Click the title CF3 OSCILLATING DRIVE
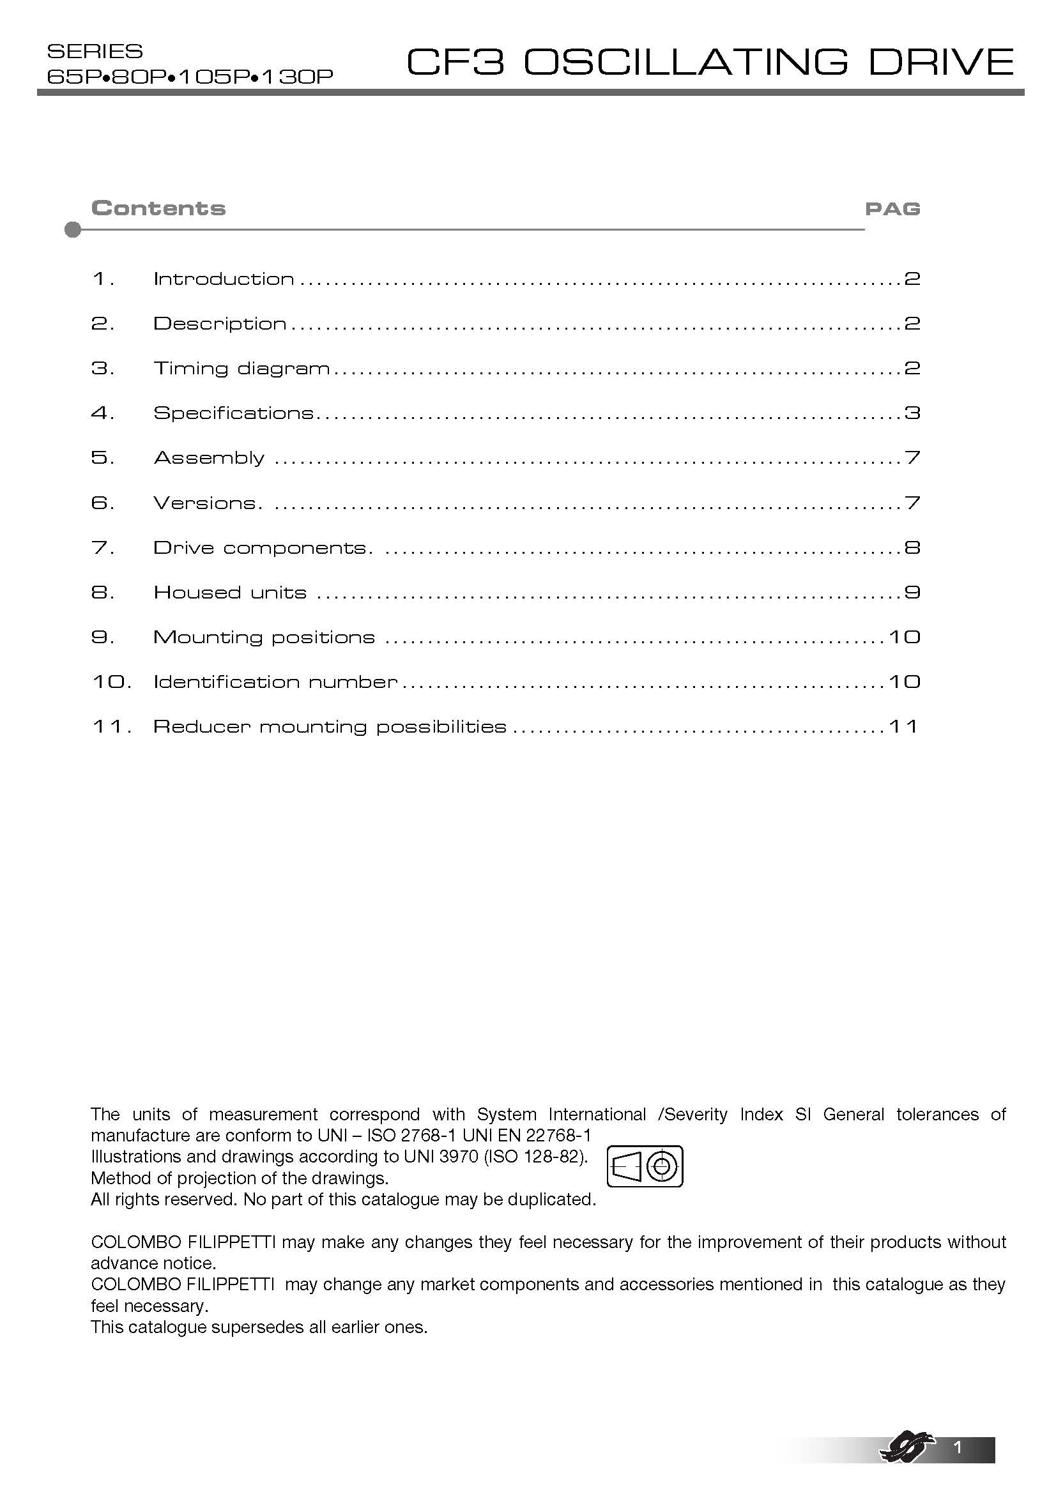(x=709, y=63)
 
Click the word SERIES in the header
(x=95, y=51)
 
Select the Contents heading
(x=158, y=208)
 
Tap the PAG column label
(x=892, y=209)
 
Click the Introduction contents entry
(x=224, y=279)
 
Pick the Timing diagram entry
(x=241, y=369)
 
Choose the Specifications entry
(x=234, y=413)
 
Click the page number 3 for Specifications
(x=912, y=413)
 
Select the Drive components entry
(x=262, y=548)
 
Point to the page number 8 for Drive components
(x=912, y=548)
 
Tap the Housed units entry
(x=230, y=593)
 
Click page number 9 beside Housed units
(x=912, y=593)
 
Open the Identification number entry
(x=275, y=682)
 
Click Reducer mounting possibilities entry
(x=329, y=727)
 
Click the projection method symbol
(x=645, y=1166)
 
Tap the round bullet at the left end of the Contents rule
(x=73, y=230)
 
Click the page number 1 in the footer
(x=956, y=1448)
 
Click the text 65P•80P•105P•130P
(x=190, y=77)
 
